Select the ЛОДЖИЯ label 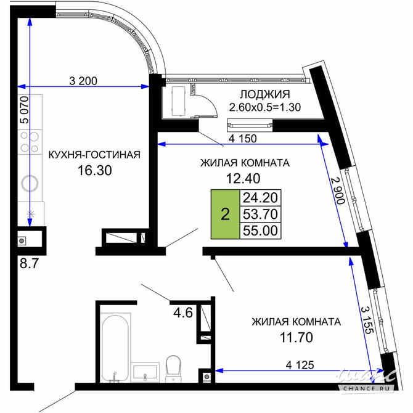[x=264, y=94]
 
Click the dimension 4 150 [x=243, y=139]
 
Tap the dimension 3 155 [x=366, y=319]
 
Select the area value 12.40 [x=245, y=179]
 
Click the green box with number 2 [x=225, y=215]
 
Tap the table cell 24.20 [x=261, y=198]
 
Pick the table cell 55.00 [x=261, y=231]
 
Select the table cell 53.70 [x=261, y=214]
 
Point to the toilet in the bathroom [x=173, y=367]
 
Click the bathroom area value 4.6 [x=183, y=312]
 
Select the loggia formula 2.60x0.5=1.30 [x=264, y=107]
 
